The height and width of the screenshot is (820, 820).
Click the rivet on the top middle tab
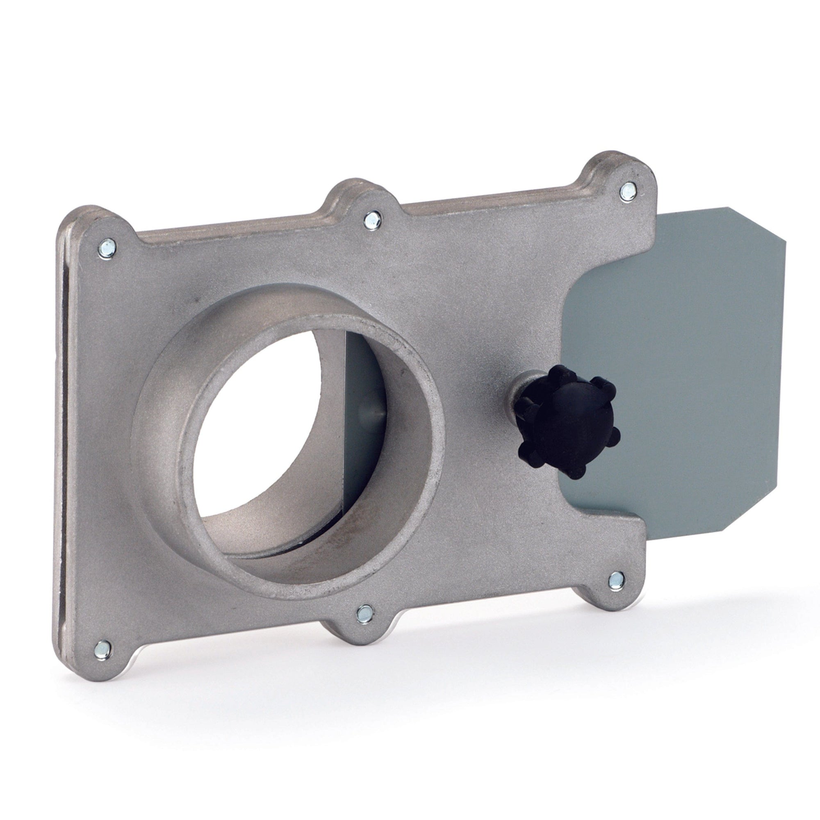coord(372,220)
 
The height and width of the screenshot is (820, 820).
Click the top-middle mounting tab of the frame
coord(365,204)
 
